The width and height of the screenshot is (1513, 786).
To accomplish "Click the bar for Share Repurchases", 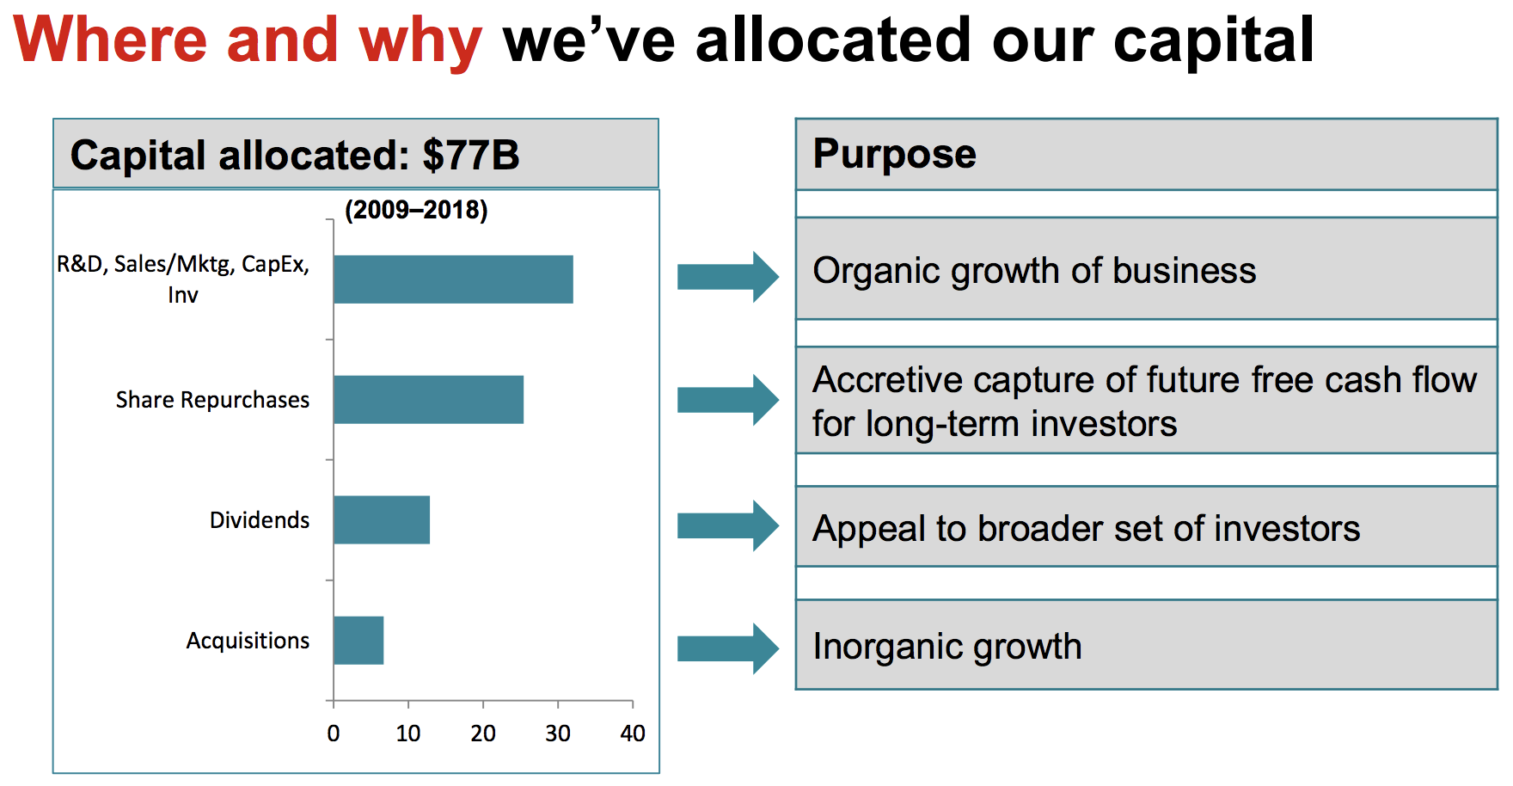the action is click(428, 400).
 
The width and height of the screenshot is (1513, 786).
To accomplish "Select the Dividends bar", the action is click(382, 520).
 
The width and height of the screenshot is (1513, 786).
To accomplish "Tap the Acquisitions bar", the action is click(358, 641).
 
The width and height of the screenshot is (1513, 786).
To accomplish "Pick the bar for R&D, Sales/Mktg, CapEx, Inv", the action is click(453, 279).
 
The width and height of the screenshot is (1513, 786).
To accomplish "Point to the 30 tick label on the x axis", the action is click(558, 734).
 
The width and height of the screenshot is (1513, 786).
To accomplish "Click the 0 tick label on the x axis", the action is click(334, 734).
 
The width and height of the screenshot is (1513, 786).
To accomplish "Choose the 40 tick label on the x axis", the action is click(633, 734).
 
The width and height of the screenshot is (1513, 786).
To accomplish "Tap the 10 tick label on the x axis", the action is click(408, 734).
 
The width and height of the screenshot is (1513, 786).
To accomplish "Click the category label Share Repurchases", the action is click(212, 401).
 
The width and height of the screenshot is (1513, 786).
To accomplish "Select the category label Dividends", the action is click(260, 520).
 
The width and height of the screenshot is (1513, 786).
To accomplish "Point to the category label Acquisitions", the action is click(248, 642).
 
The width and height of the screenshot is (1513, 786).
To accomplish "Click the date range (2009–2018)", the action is click(416, 210).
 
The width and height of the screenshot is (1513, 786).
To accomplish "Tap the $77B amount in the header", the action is click(471, 156).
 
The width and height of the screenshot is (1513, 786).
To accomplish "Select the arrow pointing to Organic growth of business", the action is click(728, 277).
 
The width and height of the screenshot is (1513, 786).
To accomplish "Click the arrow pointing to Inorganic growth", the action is click(728, 648).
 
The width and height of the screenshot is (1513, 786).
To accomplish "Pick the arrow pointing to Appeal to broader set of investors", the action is click(728, 525).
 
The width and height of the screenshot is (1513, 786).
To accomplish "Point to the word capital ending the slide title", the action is click(1214, 41).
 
